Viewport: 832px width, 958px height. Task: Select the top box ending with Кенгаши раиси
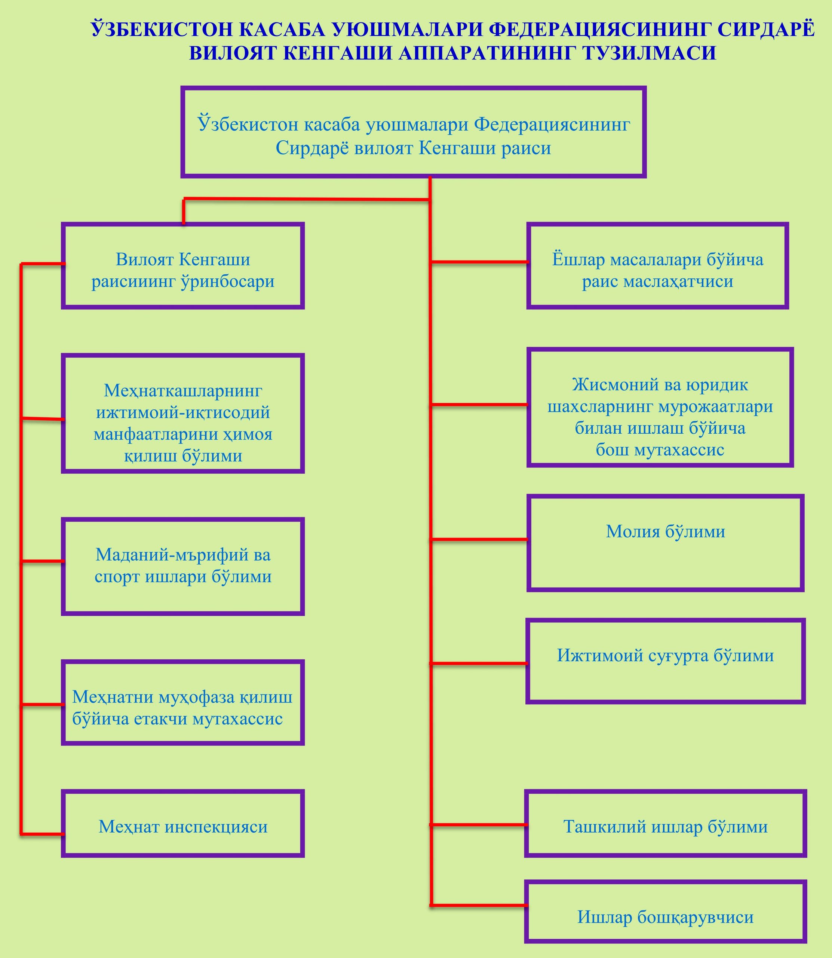tap(413, 132)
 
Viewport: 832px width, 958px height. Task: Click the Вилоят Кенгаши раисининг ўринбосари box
tap(182, 266)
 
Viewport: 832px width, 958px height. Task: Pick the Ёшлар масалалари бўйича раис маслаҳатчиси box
tap(657, 266)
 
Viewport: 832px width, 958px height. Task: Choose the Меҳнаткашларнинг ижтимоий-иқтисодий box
tap(182, 414)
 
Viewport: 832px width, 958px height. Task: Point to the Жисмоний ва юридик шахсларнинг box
tap(660, 408)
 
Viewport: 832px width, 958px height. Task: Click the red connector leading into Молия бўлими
tap(478, 539)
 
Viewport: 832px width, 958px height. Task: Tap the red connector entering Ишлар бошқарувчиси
tap(478, 906)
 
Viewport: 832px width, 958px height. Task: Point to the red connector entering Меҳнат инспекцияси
tap(42, 835)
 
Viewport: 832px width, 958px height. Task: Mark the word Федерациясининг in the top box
tap(552, 125)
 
